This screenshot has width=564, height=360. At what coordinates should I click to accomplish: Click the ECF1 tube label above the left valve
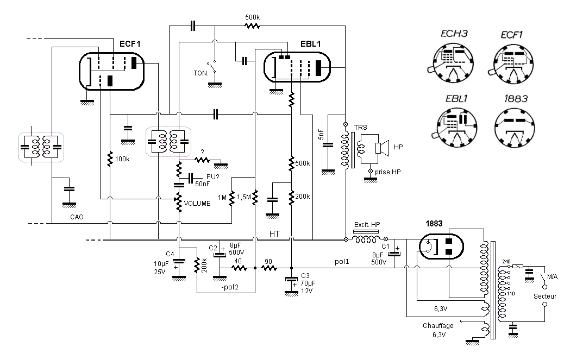pyautogui.click(x=129, y=44)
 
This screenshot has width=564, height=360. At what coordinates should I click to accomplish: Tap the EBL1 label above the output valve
pyautogui.click(x=310, y=44)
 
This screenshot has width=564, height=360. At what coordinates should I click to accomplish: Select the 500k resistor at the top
pyautogui.click(x=252, y=26)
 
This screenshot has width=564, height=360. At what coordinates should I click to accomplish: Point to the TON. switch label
pyautogui.click(x=201, y=73)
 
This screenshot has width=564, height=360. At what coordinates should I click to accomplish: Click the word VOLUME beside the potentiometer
pyautogui.click(x=197, y=204)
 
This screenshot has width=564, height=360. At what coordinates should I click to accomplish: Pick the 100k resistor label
pyautogui.click(x=122, y=159)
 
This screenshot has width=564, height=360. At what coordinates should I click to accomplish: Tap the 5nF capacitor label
pyautogui.click(x=321, y=134)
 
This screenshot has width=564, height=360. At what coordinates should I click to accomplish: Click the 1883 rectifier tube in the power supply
pyautogui.click(x=441, y=247)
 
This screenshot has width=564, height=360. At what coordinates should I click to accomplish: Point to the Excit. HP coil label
pyautogui.click(x=367, y=225)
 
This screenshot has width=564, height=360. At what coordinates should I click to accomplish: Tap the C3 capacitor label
pyautogui.click(x=305, y=276)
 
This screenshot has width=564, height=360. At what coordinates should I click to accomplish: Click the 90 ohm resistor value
pyautogui.click(x=268, y=262)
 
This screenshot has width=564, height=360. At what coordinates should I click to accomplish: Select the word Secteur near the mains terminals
pyautogui.click(x=545, y=296)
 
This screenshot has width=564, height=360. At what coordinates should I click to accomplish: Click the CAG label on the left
pyautogui.click(x=77, y=217)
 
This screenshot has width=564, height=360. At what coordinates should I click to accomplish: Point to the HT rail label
pyautogui.click(x=274, y=234)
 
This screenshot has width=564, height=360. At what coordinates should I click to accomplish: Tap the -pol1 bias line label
pyautogui.click(x=341, y=262)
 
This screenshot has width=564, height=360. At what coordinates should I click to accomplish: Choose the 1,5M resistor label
pyautogui.click(x=244, y=197)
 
